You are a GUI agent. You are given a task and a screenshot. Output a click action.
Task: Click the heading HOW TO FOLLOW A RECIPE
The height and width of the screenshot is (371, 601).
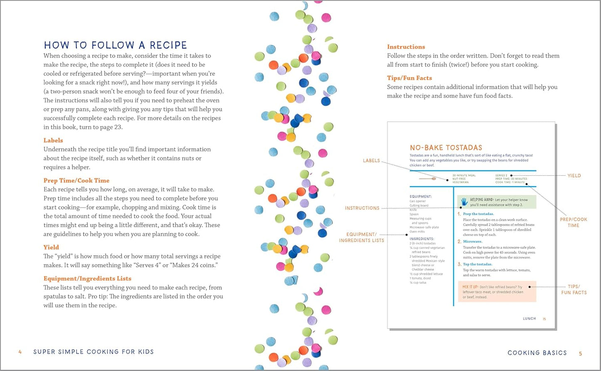(115, 45)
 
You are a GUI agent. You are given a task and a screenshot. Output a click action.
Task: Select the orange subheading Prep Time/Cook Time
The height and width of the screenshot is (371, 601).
(76, 180)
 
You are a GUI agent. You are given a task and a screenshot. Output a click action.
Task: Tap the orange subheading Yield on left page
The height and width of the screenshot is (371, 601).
(51, 247)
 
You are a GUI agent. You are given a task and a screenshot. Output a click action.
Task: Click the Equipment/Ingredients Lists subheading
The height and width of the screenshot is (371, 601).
(87, 279)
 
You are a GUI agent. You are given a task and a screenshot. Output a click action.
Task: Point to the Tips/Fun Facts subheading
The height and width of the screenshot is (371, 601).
(409, 78)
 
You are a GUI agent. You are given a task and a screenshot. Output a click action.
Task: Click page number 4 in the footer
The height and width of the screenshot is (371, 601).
(20, 352)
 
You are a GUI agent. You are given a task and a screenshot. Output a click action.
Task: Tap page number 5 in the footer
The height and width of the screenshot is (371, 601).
(580, 354)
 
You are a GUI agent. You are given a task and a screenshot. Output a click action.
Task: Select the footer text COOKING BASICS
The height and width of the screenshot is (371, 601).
(537, 353)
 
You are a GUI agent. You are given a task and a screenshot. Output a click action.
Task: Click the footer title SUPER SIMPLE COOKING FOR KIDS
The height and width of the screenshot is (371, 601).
(94, 352)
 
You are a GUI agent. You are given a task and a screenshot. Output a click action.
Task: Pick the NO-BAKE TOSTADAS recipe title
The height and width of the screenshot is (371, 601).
(446, 148)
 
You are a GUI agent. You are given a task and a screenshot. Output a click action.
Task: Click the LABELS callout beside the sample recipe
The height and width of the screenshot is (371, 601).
(371, 161)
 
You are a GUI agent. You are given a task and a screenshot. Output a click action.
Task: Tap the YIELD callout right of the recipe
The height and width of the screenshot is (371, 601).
(574, 176)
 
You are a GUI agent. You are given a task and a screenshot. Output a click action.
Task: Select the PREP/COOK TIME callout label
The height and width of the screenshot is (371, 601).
(573, 222)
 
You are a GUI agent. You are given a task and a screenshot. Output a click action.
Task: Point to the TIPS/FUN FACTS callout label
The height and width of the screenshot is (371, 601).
(574, 289)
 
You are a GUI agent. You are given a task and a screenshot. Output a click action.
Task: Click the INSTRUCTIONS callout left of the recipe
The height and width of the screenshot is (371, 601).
(362, 208)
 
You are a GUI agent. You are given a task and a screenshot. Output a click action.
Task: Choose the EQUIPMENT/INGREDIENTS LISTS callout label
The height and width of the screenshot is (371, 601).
(361, 237)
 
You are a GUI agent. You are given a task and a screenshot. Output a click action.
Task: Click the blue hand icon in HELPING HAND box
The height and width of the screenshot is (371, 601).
(464, 202)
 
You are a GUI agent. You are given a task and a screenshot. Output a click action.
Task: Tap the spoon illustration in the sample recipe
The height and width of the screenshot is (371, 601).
(428, 179)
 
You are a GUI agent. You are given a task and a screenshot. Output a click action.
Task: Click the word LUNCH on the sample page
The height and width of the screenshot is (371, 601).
(529, 319)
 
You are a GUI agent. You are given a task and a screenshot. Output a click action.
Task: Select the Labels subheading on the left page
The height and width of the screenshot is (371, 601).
(53, 140)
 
